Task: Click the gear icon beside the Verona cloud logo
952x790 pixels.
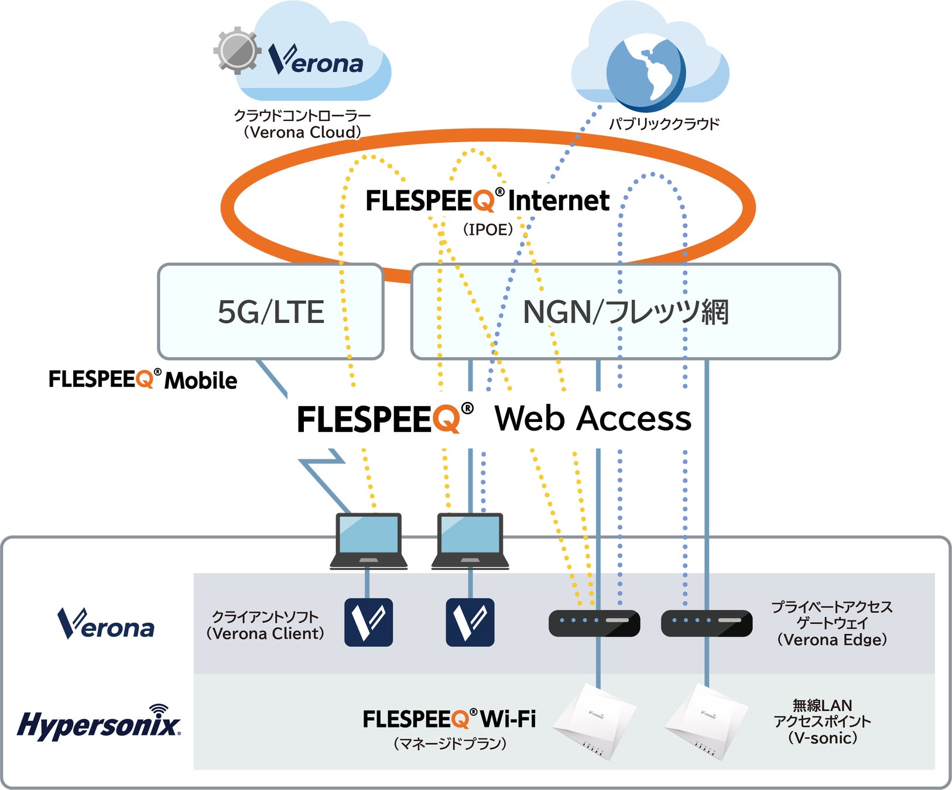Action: point(237,50)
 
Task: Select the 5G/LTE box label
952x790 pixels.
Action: point(270,312)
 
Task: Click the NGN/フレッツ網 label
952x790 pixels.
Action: point(625,312)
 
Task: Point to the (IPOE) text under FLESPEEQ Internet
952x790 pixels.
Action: point(488,229)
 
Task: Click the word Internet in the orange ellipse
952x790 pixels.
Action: point(558,201)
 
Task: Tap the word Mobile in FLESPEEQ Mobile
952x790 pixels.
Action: point(201,381)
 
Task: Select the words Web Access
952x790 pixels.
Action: point(593,419)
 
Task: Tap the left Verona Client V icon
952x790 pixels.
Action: point(368,622)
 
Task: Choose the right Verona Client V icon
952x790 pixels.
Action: point(470,622)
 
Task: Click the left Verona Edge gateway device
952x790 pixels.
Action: point(594,623)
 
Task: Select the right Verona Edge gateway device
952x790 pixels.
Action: point(706,623)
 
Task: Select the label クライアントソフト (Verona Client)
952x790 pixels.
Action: point(265,625)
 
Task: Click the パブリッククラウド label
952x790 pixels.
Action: point(664,124)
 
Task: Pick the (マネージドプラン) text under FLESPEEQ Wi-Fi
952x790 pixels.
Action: point(450,744)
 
